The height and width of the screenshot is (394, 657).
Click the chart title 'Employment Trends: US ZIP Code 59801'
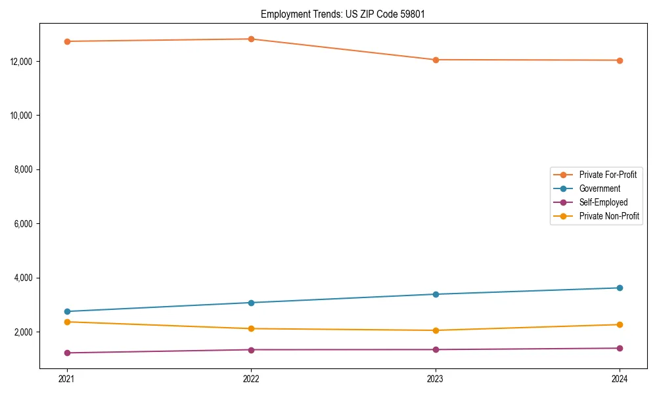pos(342,14)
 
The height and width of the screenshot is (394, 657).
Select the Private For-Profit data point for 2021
pos(67,41)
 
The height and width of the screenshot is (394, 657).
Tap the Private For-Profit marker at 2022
pos(251,39)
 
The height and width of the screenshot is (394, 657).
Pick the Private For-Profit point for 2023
pos(436,60)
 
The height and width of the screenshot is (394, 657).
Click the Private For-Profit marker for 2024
pos(620,60)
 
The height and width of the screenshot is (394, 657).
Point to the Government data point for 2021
pos(67,311)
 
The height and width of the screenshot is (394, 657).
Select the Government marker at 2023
pos(436,294)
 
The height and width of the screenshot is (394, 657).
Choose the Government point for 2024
pos(620,288)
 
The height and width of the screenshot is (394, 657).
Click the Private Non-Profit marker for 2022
pos(251,328)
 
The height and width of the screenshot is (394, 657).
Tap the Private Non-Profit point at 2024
pos(620,324)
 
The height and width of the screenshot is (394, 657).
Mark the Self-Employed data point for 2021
pos(67,353)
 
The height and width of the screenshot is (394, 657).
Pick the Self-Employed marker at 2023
pos(436,349)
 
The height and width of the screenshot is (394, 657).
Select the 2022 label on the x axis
pos(251,378)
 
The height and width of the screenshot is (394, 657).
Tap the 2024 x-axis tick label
pos(620,378)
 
